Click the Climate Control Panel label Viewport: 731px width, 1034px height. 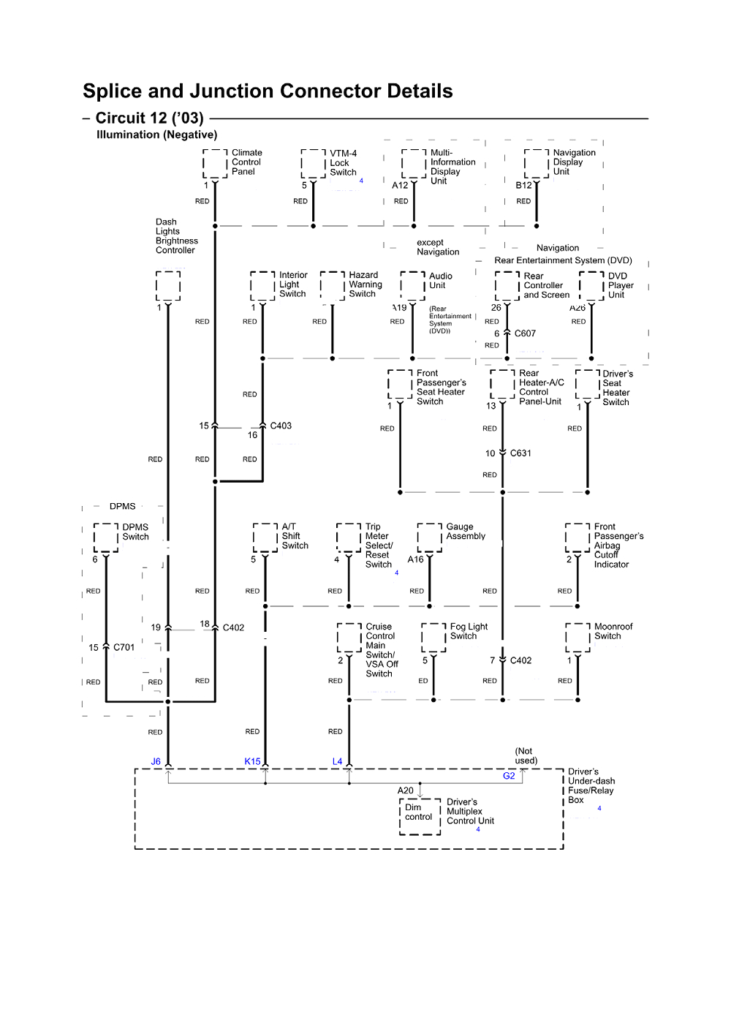(246, 162)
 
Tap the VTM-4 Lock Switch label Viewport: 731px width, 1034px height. (343, 163)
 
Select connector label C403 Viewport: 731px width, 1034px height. (281, 426)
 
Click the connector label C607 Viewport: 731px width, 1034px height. (525, 333)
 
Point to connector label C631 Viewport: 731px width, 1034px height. (520, 453)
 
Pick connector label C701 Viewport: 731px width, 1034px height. (124, 647)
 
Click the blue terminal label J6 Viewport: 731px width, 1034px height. (156, 761)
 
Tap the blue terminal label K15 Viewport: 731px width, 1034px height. (252, 761)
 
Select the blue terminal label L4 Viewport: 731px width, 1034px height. (337, 761)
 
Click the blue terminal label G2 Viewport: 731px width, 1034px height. (509, 776)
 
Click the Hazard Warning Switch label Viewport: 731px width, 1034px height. (365, 284)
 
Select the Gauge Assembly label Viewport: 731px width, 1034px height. (466, 532)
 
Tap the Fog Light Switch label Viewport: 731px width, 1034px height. (469, 631)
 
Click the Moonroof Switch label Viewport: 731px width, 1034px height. (613, 631)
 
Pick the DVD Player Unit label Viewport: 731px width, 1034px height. (620, 285)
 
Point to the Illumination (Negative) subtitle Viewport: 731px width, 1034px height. (156, 135)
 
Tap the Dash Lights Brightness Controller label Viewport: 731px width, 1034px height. (176, 236)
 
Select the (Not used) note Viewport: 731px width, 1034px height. (526, 755)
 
